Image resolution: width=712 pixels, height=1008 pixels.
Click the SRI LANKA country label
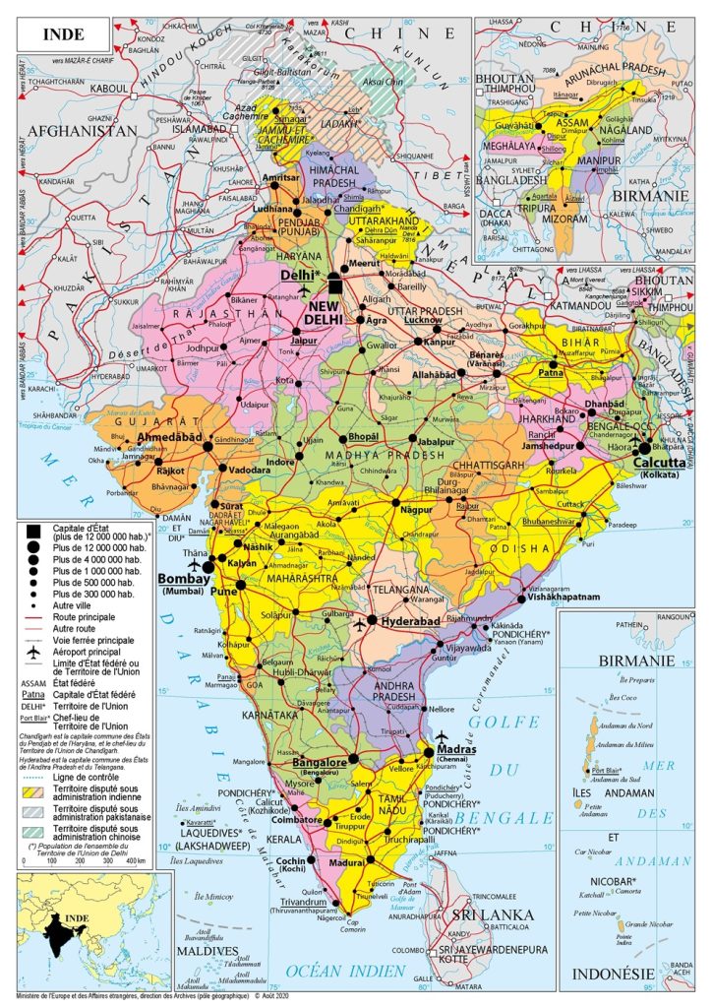[x=491, y=914]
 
